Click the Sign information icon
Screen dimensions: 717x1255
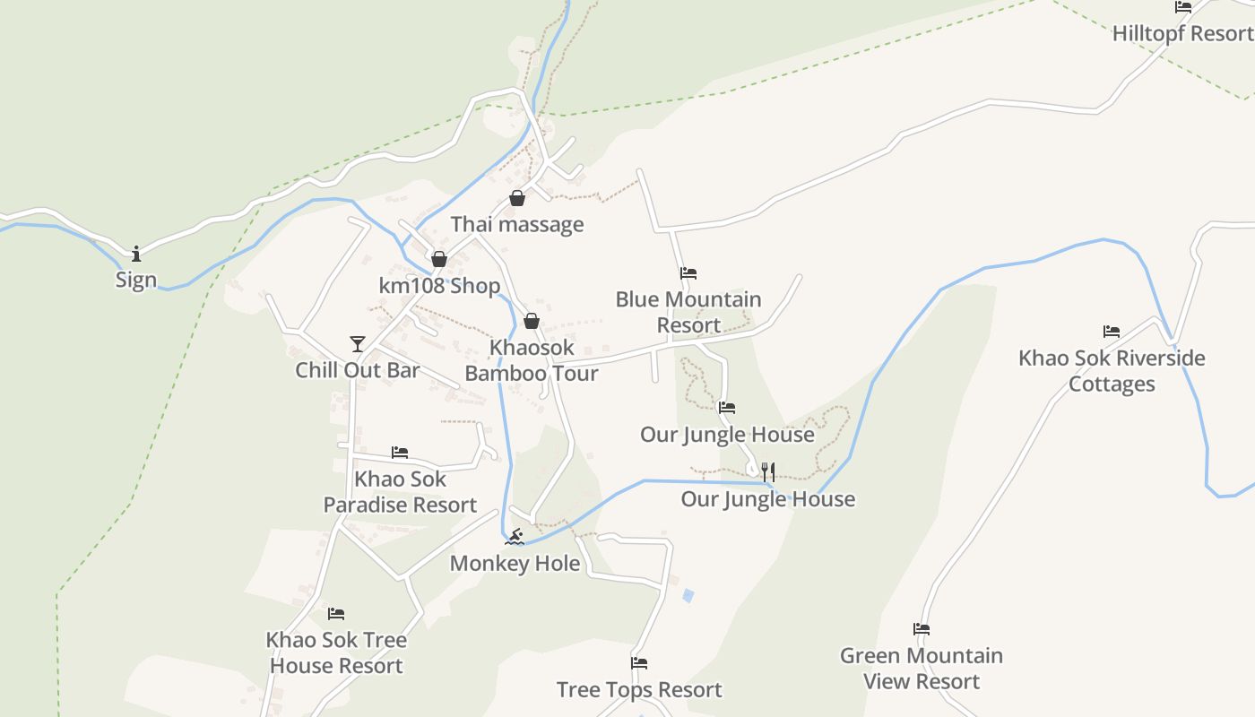pyautogui.click(x=136, y=254)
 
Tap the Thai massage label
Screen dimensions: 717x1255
pyautogui.click(x=517, y=224)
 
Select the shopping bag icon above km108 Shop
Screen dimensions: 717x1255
pyautogui.click(x=439, y=260)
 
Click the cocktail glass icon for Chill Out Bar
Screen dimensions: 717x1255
pyautogui.click(x=358, y=344)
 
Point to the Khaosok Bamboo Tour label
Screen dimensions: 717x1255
pyautogui.click(x=532, y=360)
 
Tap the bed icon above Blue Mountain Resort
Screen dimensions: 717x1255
pyautogui.click(x=688, y=273)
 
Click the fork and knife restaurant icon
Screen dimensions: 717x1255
pyautogui.click(x=767, y=472)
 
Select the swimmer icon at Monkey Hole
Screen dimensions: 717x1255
pyautogui.click(x=515, y=538)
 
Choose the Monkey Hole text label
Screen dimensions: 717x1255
pyautogui.click(x=515, y=563)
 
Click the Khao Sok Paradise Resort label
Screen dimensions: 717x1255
pyautogui.click(x=400, y=492)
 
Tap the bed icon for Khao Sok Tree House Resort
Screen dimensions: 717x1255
pyautogui.click(x=336, y=614)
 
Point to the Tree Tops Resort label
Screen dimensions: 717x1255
pyautogui.click(x=639, y=689)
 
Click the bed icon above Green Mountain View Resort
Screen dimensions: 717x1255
pyautogui.click(x=922, y=629)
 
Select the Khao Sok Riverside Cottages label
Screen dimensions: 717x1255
pyautogui.click(x=1112, y=371)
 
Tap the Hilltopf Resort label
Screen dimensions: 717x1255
pyautogui.click(x=1182, y=34)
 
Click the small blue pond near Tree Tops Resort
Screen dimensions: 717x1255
pyautogui.click(x=688, y=594)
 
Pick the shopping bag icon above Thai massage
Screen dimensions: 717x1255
pyautogui.click(x=517, y=198)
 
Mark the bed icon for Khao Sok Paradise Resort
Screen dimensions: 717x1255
pyautogui.click(x=400, y=453)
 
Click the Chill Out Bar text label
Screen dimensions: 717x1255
pyautogui.click(x=358, y=370)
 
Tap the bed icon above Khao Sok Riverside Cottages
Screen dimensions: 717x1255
pyautogui.click(x=1112, y=332)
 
